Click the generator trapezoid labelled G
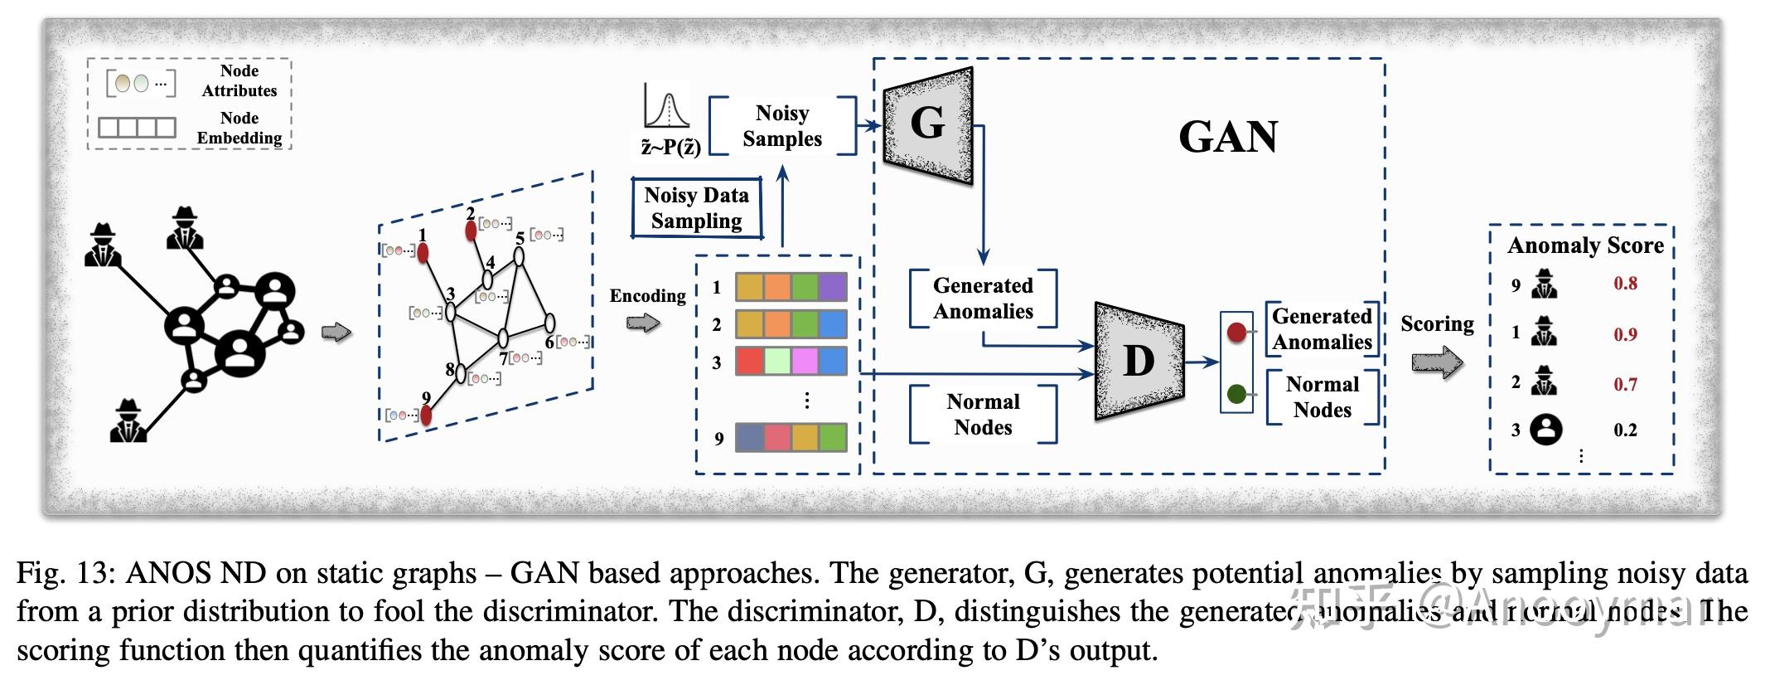[x=927, y=125]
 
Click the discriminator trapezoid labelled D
[x=1139, y=361]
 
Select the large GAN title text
[x=1227, y=137]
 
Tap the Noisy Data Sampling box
[x=696, y=208]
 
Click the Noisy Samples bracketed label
[x=781, y=126]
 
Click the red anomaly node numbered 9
[x=426, y=415]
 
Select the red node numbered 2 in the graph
[x=471, y=231]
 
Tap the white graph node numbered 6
[x=549, y=323]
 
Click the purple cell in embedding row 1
[x=833, y=287]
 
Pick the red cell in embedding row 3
[x=749, y=362]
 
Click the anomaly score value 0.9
[x=1625, y=334]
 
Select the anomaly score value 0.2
[x=1625, y=430]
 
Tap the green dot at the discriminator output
[x=1236, y=394]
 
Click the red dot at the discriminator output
[x=1236, y=333]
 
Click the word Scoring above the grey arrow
[x=1437, y=323]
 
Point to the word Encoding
[x=647, y=296]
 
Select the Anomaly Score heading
[x=1584, y=245]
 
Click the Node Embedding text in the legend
[x=239, y=128]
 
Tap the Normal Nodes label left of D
[x=983, y=414]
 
